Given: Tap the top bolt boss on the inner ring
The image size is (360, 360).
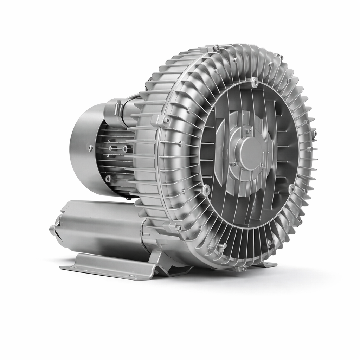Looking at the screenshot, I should (x=255, y=83).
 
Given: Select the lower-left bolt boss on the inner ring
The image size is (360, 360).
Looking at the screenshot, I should (x=206, y=190).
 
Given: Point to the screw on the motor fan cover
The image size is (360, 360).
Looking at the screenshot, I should (x=91, y=148).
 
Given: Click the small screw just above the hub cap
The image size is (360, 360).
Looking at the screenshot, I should (x=249, y=131).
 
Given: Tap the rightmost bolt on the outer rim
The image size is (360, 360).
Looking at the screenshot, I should (x=314, y=134).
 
